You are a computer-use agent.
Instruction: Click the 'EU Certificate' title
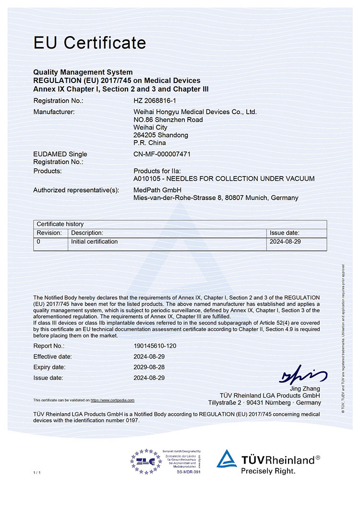[x=89, y=43]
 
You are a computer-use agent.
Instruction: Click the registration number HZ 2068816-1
[x=155, y=101]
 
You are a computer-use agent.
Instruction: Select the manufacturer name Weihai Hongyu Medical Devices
[x=195, y=112]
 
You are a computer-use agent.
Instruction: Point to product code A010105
[x=148, y=178]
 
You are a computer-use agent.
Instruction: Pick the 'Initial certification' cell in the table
[x=95, y=242]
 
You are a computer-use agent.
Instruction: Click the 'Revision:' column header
[x=49, y=233]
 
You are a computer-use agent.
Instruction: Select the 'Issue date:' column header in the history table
[x=285, y=233]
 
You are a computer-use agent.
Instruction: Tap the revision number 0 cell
[x=39, y=242]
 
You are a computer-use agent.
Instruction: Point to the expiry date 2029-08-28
[x=149, y=367]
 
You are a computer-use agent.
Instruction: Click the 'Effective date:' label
[x=52, y=356]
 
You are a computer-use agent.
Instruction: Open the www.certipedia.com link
[x=112, y=400]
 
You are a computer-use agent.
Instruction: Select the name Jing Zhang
[x=305, y=388]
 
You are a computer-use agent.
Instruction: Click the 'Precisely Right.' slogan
[x=268, y=471]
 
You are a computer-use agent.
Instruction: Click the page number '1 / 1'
[x=37, y=473]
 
